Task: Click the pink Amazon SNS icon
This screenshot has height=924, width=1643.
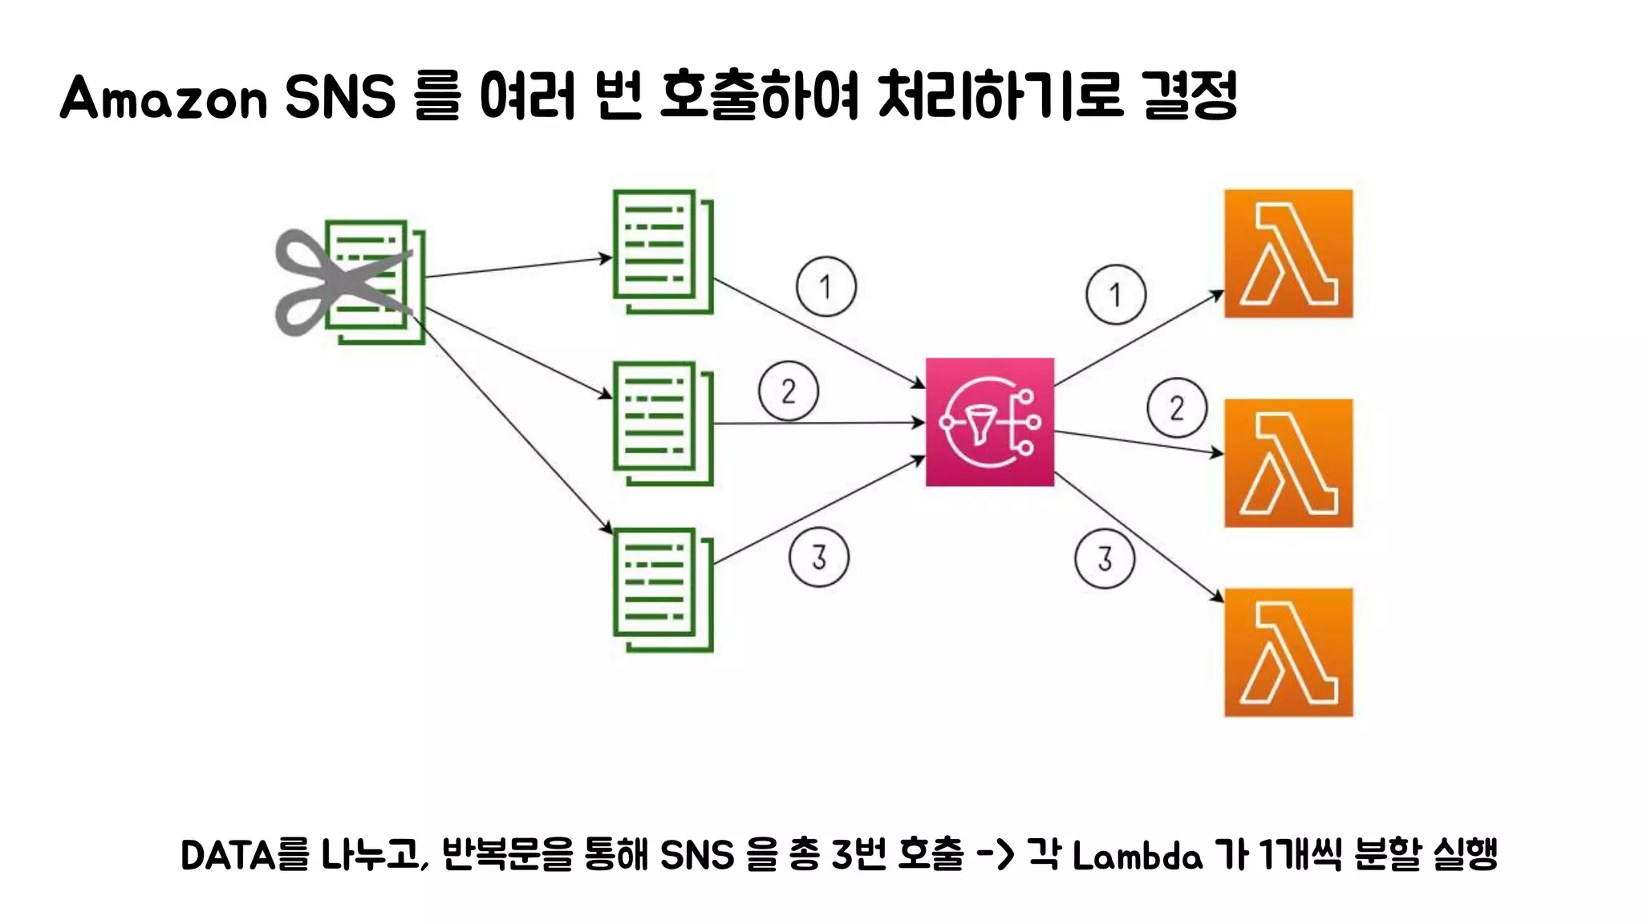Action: click(989, 422)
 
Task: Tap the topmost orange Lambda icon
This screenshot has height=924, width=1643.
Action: click(1288, 253)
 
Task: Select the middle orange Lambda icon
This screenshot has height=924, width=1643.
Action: click(1288, 463)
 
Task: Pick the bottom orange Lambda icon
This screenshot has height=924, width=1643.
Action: click(1288, 652)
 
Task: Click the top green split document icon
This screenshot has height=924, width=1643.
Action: click(662, 250)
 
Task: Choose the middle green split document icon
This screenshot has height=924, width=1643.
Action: click(662, 423)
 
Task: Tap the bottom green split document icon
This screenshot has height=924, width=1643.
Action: click(662, 590)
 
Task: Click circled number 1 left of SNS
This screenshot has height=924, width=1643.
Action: click(826, 286)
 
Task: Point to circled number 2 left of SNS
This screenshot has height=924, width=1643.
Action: click(788, 391)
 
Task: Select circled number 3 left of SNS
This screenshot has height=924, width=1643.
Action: click(818, 557)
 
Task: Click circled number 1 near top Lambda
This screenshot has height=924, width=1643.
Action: click(1115, 294)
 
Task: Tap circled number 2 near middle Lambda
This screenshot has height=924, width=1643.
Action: click(1176, 407)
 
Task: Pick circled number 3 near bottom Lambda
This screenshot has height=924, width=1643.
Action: click(1104, 559)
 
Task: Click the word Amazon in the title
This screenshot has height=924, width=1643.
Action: click(163, 98)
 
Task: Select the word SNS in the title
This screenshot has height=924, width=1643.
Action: click(340, 97)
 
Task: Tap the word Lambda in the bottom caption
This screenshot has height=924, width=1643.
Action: click(1137, 856)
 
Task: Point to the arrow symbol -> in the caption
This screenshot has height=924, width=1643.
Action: click(995, 855)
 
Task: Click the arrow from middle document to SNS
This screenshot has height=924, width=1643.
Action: click(818, 423)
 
